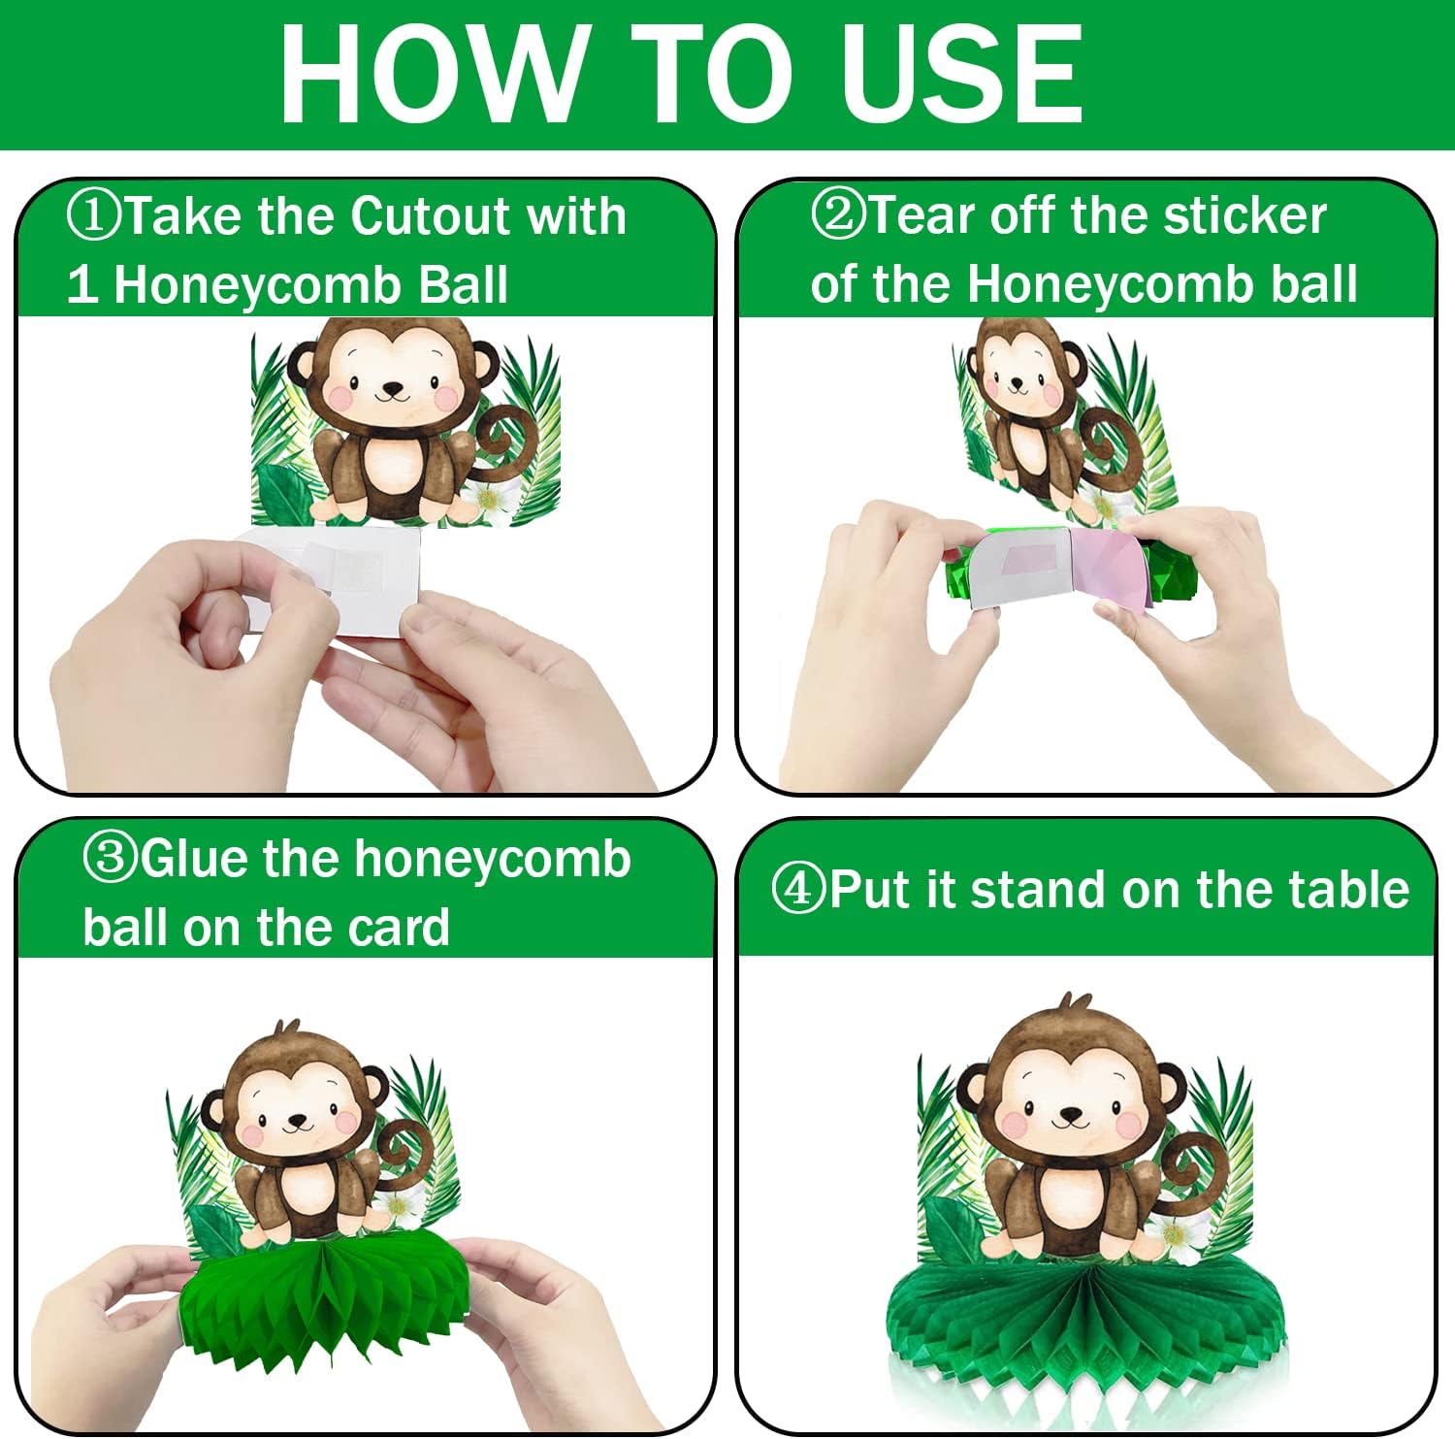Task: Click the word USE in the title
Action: click(961, 75)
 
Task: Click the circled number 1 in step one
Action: click(93, 215)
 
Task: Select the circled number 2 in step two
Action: click(837, 214)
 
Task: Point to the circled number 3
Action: click(110, 859)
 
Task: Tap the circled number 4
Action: click(798, 889)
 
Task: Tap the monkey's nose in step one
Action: click(393, 389)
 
